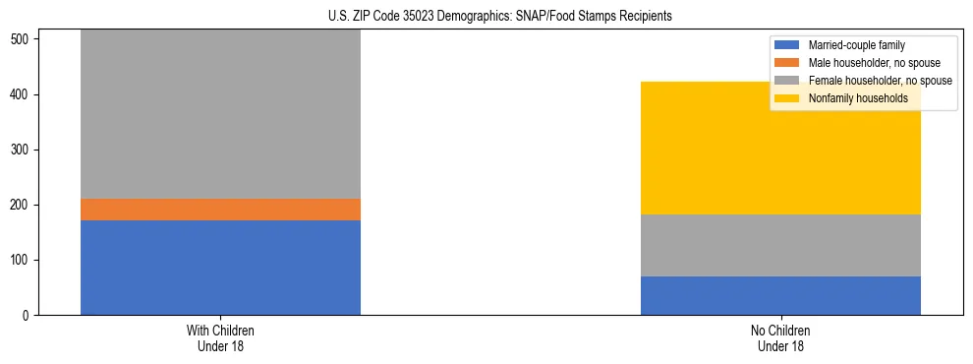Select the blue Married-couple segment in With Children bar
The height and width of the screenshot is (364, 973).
pyautogui.click(x=220, y=267)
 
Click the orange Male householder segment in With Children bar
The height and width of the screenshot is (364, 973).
pyautogui.click(x=220, y=210)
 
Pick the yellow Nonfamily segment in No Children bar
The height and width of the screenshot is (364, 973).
pyautogui.click(x=780, y=148)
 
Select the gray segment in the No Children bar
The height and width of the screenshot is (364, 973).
pyautogui.click(x=780, y=245)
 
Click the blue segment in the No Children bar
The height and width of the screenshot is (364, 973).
pyautogui.click(x=780, y=295)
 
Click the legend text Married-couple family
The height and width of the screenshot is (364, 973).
pyautogui.click(x=857, y=45)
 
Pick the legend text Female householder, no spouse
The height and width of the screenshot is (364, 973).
pyautogui.click(x=879, y=81)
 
